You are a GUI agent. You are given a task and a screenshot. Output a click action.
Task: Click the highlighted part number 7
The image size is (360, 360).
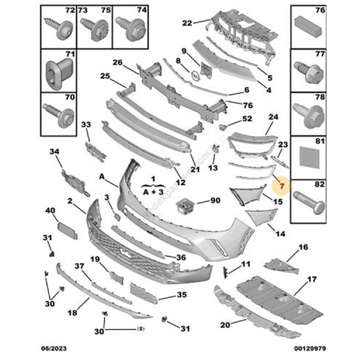pos(282,187)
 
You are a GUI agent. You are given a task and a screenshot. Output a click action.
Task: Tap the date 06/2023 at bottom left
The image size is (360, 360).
pos(52,349)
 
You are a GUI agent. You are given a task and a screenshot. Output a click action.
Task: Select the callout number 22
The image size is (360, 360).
pos(187,22)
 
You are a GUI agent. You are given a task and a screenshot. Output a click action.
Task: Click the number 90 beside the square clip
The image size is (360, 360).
pos(215,201)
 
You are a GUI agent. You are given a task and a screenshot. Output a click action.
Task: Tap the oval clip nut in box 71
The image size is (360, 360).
pos(57,70)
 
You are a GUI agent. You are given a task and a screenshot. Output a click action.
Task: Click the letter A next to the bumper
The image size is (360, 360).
pos(102,177)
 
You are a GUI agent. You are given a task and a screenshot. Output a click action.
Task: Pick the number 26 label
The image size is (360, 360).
pos(117,62)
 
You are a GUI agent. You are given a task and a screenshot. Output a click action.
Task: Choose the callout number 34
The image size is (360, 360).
pos(55,151)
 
